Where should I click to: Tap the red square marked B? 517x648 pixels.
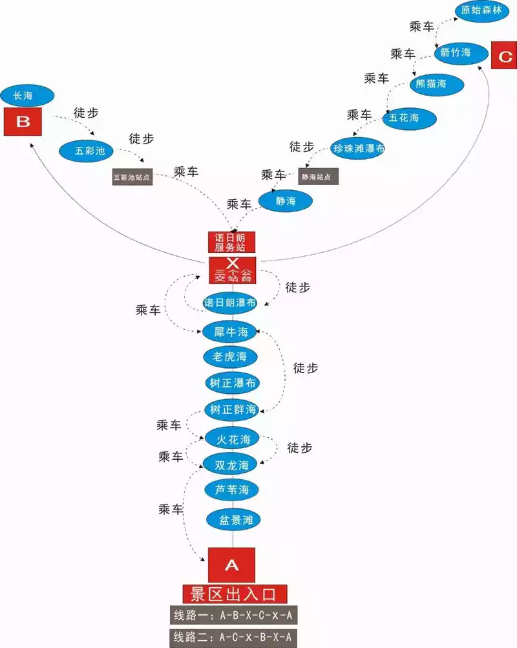tap(23, 122)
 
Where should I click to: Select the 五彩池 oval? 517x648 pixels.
tap(86, 151)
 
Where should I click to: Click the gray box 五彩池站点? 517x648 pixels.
tap(132, 177)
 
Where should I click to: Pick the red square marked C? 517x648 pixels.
tap(504, 56)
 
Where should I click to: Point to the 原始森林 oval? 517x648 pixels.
tap(481, 11)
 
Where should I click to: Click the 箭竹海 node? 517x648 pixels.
tap(455, 52)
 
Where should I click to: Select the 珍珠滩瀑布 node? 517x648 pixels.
tap(359, 149)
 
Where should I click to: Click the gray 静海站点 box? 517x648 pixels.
tap(318, 176)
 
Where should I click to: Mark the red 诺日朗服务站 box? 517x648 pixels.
tap(231, 242)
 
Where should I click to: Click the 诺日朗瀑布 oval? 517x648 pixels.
tap(230, 303)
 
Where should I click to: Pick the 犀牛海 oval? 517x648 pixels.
tap(230, 332)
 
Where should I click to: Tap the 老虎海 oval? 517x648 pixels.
tap(230, 356)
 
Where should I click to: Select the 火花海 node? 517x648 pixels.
tap(231, 439)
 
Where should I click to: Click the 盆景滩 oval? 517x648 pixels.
tap(231, 519)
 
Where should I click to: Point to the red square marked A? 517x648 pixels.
tap(231, 565)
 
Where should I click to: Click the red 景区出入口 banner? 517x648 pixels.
tap(233, 594)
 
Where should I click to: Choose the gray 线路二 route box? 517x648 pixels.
tap(233, 637)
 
